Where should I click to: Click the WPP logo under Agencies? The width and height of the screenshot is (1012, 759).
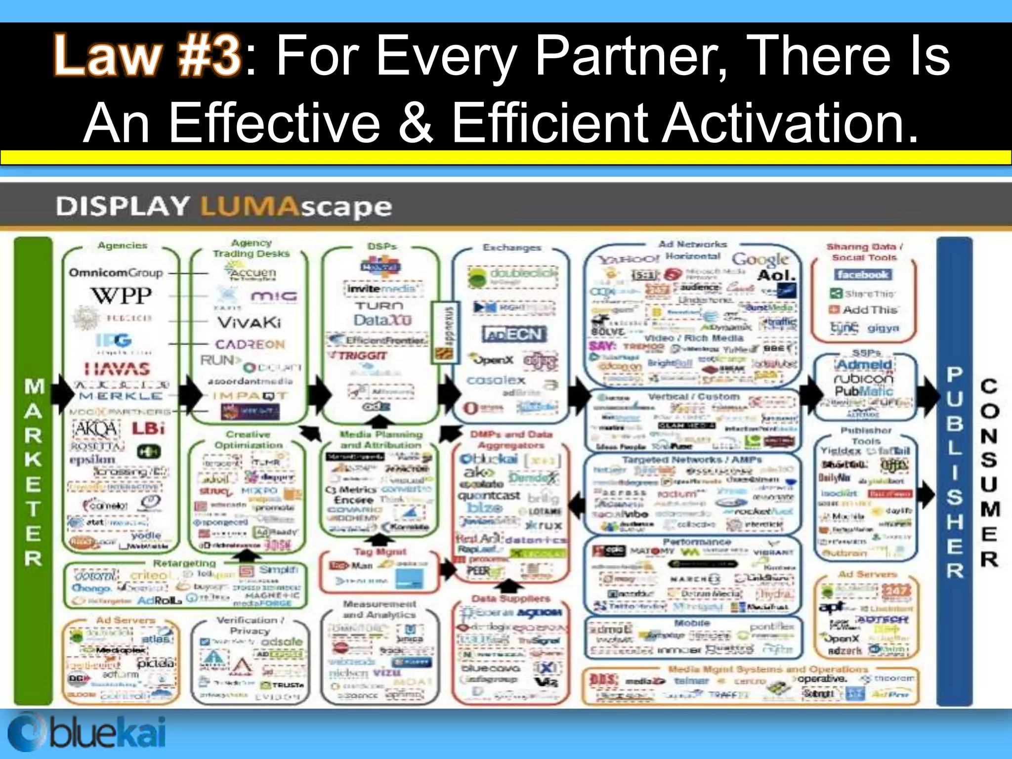coord(121,296)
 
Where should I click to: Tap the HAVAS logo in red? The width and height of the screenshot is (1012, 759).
coord(117,369)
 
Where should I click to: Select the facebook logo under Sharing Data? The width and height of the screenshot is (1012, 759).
coord(862,275)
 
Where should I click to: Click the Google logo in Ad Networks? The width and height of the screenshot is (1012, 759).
coord(760,258)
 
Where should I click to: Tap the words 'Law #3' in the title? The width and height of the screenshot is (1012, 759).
coord(147,55)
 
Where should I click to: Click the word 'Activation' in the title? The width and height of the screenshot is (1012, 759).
coord(789,123)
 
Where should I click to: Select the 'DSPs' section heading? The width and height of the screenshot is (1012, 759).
coord(382,246)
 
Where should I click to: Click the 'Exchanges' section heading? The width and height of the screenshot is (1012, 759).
coord(512,248)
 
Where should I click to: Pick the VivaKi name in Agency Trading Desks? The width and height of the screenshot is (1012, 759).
coord(249,323)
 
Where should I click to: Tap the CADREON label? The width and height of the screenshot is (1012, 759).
coord(250,344)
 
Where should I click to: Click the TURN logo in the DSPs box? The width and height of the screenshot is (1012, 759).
coord(379,306)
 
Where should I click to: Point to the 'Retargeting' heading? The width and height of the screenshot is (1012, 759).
coord(184,563)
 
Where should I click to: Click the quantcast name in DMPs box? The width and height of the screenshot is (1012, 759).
coord(489,495)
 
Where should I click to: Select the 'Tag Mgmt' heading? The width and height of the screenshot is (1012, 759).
coord(380,551)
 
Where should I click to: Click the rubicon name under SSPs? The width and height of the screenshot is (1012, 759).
coord(863,378)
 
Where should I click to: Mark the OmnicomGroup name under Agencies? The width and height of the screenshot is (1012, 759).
coord(116,273)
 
